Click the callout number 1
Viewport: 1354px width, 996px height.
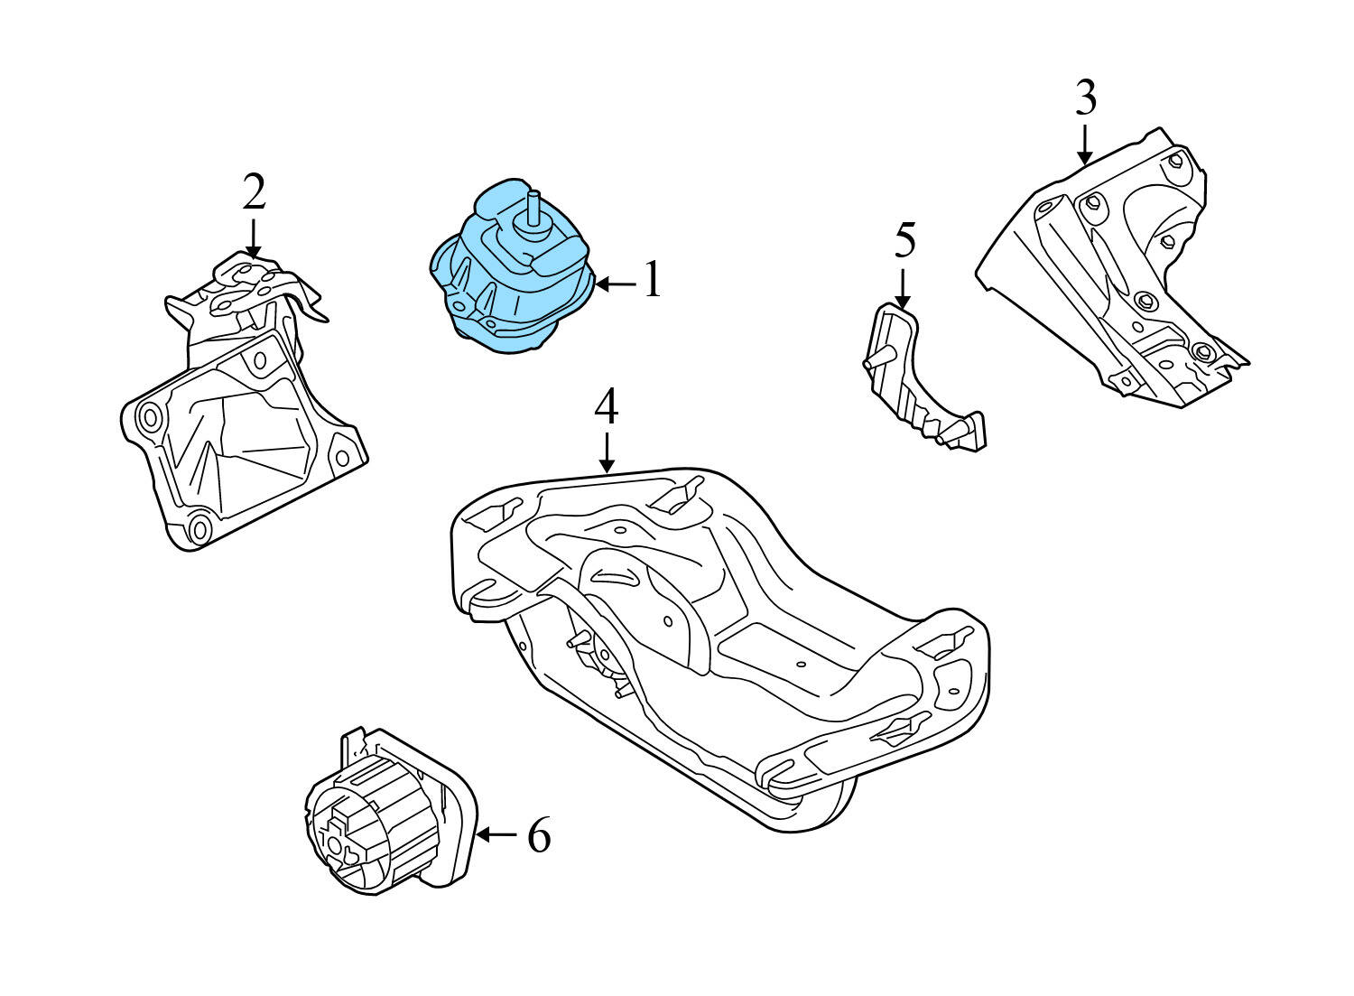pos(653,281)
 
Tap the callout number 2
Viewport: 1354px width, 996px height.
pos(254,191)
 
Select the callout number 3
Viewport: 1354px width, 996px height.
pos(1086,98)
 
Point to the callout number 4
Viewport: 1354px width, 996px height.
pos(607,407)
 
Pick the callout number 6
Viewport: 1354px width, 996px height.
pos(538,835)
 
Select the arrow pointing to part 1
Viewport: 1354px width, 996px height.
pos(616,284)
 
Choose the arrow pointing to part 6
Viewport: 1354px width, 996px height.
pos(496,835)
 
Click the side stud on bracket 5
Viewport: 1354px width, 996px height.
pos(869,363)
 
